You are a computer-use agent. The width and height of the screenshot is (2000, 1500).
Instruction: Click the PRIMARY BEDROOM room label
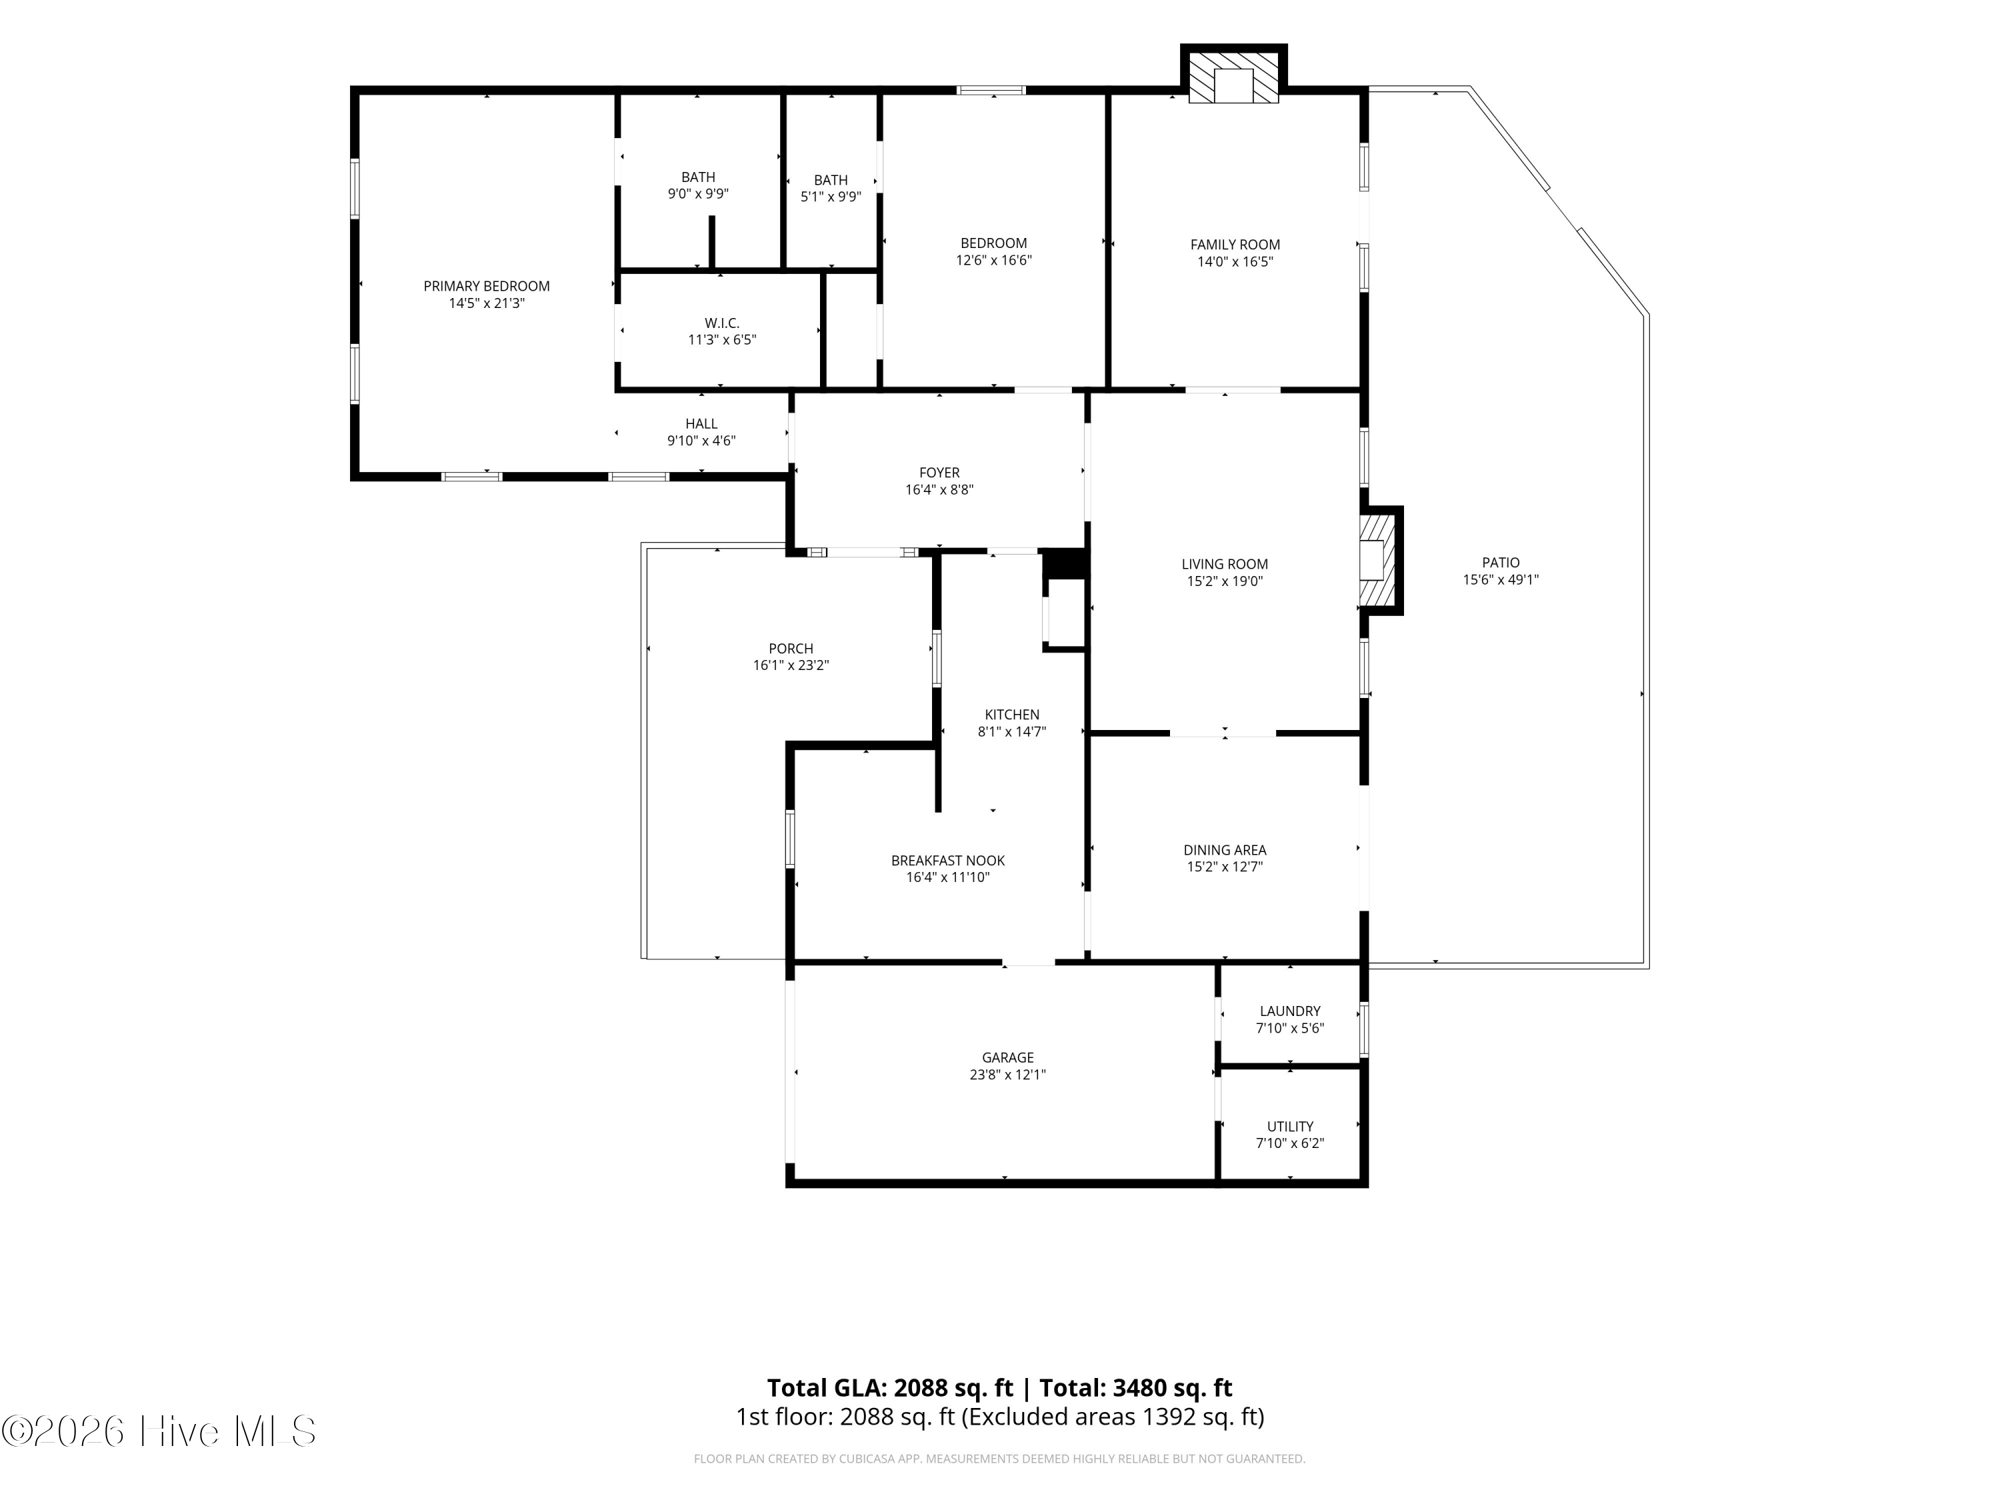pos(487,287)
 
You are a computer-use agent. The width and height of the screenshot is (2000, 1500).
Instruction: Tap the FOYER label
pos(939,473)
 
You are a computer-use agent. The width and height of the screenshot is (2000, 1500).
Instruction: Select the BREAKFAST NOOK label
pos(947,861)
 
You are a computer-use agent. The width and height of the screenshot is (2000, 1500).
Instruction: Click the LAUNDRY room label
pos(1290,1011)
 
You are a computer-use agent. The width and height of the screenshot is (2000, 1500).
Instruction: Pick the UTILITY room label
pos(1290,1127)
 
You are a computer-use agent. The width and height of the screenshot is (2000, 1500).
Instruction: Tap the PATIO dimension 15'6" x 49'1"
pos(1501,579)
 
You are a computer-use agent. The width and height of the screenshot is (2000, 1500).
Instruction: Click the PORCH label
pos(791,648)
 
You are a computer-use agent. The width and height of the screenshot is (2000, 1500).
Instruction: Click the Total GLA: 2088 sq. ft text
pos(890,1388)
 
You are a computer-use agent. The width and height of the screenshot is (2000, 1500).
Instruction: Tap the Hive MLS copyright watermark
pos(159,1431)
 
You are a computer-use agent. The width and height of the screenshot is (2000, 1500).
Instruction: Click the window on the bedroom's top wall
pos(991,89)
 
